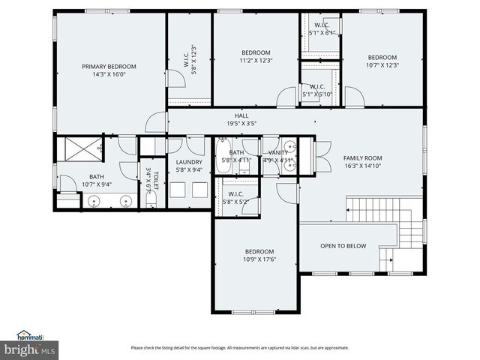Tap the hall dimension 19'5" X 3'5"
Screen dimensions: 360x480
pos(241,123)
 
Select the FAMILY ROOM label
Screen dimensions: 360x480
pos(363,158)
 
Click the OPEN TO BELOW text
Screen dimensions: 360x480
pos(343,246)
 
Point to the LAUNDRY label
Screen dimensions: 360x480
pos(190,162)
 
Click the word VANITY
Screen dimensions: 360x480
pos(277,152)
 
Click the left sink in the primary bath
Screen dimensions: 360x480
pos(94,200)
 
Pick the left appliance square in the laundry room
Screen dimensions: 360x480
pos(178,190)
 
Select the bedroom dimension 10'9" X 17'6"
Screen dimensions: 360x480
pos(259,259)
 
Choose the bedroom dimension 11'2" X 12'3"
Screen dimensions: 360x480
pos(256,60)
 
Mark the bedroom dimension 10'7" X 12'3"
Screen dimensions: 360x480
pos(382,64)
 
